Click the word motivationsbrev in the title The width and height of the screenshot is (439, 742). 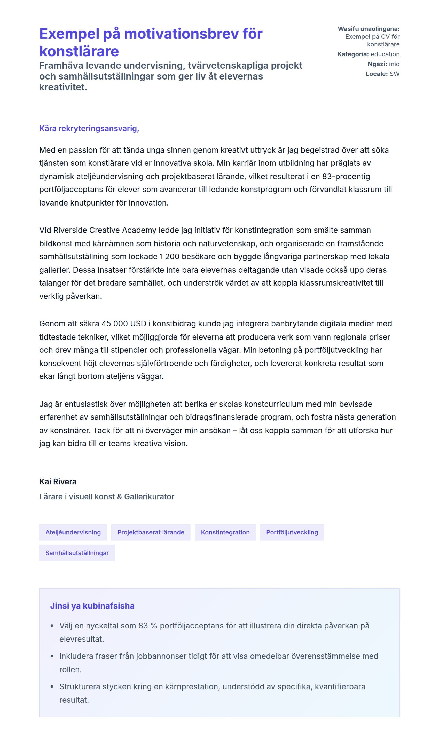coord(181,34)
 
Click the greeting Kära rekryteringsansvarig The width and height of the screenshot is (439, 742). coord(89,128)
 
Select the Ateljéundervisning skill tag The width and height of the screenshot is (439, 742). coord(73,532)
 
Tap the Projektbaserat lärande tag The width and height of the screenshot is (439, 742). coord(151,532)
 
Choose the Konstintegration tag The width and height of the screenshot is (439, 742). coord(225,532)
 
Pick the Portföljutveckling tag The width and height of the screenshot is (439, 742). coord(292,532)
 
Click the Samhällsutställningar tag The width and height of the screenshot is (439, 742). coord(77,553)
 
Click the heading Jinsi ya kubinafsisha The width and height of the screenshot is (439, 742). coord(92,606)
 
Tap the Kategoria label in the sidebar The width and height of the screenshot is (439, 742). coord(352,54)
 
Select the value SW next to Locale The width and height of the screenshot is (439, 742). coord(394,74)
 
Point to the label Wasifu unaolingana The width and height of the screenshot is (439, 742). coord(368,29)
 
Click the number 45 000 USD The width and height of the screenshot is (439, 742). coord(124,323)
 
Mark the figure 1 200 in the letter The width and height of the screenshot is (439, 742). coord(169,256)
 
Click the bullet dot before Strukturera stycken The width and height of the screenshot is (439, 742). coord(52,687)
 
